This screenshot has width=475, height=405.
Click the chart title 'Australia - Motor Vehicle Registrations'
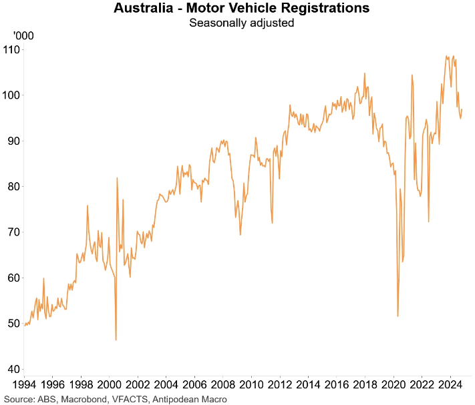click(241, 9)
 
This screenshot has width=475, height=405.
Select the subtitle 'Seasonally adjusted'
click(241, 23)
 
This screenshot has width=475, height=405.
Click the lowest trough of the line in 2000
click(116, 340)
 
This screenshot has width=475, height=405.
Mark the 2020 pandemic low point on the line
click(398, 316)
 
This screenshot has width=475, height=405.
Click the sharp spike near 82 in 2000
click(117, 178)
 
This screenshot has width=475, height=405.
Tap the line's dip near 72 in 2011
click(273, 223)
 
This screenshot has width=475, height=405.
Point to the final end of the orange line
click(462, 109)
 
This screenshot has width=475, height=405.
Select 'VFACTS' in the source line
click(132, 399)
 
